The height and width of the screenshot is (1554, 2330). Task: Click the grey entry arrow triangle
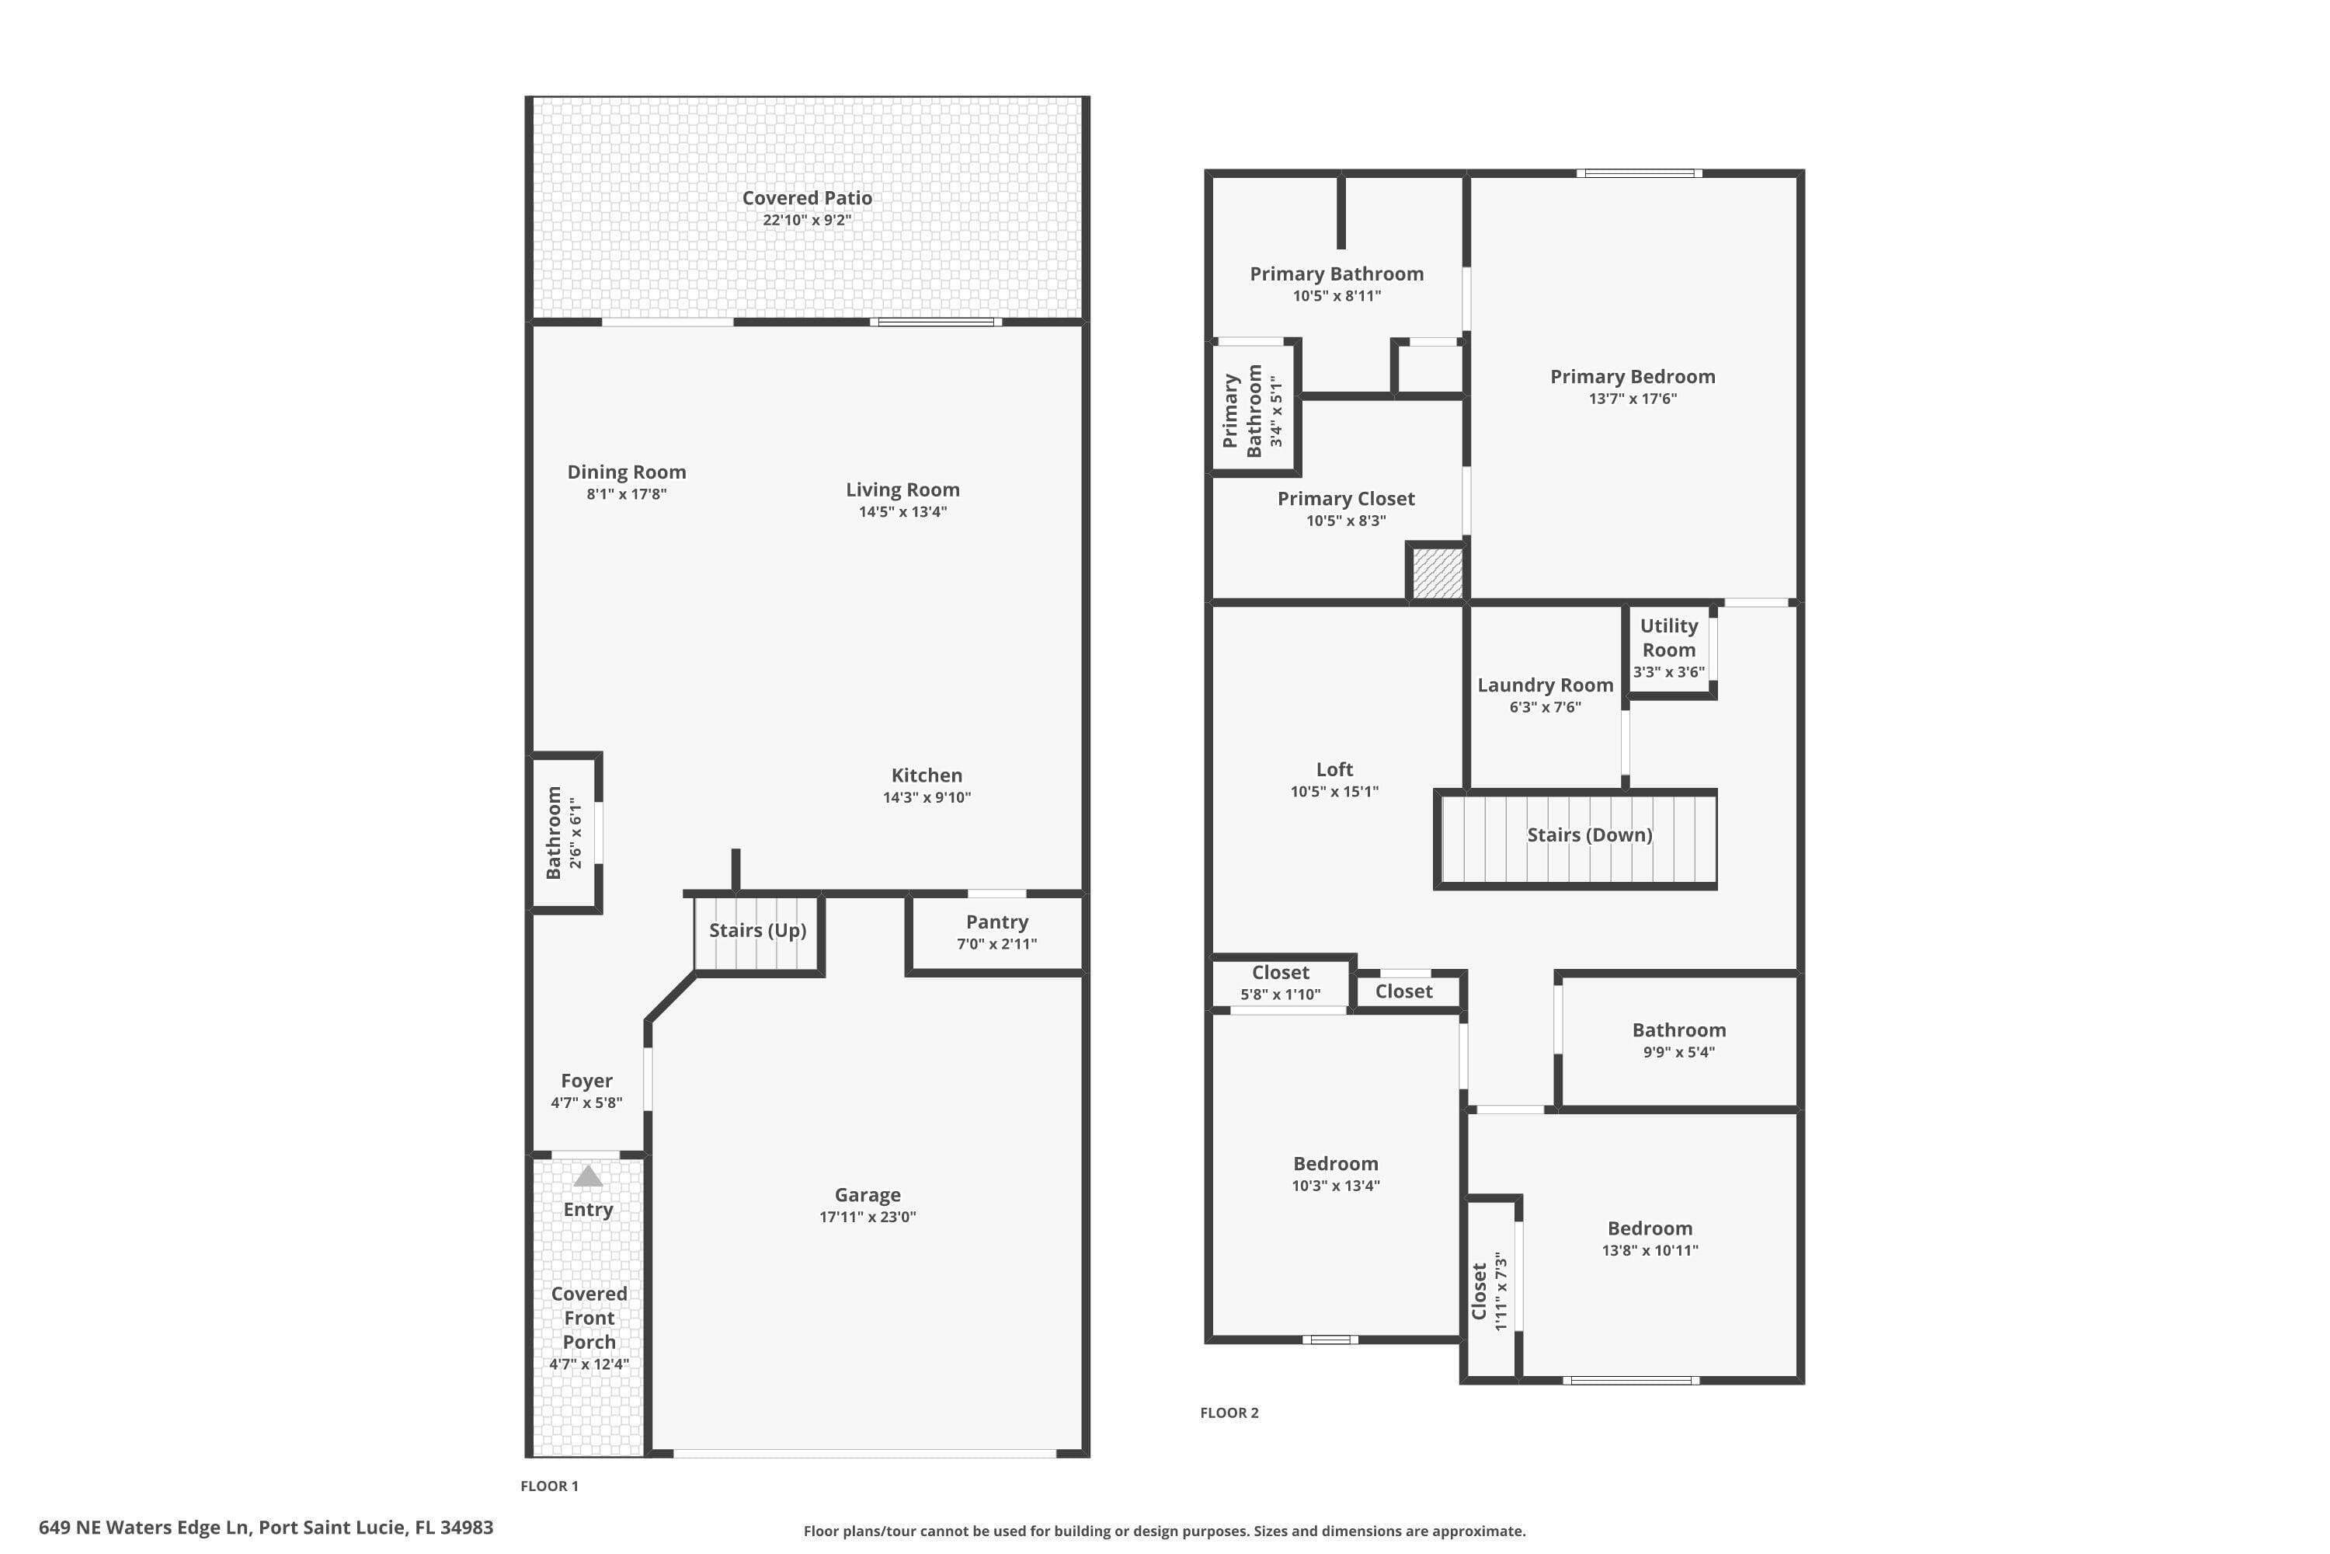[589, 1176]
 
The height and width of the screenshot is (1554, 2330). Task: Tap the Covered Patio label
[808, 198]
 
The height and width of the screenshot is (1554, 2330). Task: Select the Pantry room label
[996, 922]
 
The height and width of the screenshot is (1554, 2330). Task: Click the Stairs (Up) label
[758, 929]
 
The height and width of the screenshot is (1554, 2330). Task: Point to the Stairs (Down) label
[1590, 834]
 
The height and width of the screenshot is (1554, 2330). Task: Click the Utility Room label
[1669, 638]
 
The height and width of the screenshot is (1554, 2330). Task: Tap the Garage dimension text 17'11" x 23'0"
[868, 1217]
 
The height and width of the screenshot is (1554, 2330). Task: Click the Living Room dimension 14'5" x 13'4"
[902, 511]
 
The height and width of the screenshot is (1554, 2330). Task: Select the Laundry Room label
[1546, 685]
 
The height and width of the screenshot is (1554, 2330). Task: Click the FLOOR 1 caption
[550, 1486]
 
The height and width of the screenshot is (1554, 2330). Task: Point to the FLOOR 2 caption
[1229, 1413]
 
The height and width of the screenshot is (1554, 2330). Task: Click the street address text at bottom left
[266, 1528]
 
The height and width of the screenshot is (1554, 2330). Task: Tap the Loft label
[1334, 769]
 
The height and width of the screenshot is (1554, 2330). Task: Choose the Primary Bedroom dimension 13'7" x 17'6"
[1633, 399]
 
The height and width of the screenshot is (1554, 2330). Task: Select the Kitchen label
[927, 775]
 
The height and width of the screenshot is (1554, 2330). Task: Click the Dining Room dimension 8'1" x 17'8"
[626, 493]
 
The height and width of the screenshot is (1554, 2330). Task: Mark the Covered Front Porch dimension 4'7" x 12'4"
[589, 1364]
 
